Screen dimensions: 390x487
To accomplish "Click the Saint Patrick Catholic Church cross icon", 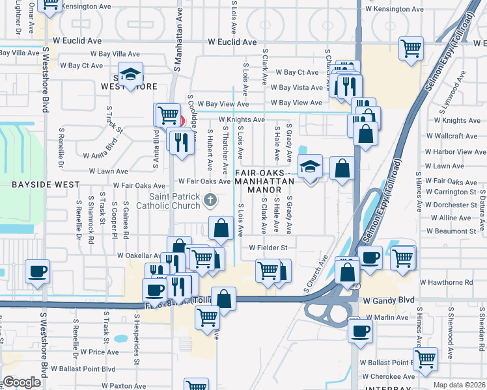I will point(210,200).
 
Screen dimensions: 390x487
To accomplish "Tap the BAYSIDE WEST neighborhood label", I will point(36,185).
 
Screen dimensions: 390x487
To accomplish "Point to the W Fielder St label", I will point(268,248).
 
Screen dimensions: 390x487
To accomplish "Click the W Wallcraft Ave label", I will point(456,136).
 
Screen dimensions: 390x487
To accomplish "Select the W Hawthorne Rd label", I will point(447,283).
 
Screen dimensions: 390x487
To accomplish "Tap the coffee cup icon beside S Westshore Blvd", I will point(36,271).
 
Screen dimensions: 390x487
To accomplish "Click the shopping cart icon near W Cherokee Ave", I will point(425,358).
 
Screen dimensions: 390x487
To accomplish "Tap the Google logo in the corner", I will point(21,382).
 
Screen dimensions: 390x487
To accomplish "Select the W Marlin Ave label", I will point(387,317).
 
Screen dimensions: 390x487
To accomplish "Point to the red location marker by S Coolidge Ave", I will point(182,122).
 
